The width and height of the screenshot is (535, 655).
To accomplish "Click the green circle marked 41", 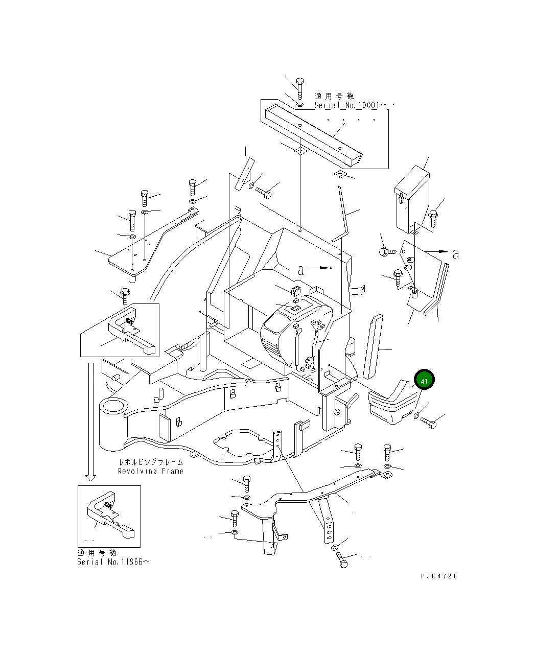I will pos(424,381).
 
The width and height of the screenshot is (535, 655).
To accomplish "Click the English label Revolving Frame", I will pos(150,471).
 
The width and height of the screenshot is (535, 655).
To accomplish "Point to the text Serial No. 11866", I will pos(113,562).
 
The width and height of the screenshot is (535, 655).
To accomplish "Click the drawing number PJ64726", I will pos(439,576).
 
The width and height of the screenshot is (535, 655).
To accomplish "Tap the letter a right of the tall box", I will pos(455,254).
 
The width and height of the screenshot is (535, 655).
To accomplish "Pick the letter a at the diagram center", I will pos(300,270).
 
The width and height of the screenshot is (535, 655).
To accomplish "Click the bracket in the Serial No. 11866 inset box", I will pos(110,516).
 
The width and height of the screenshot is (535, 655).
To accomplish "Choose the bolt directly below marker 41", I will pos(428,422).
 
